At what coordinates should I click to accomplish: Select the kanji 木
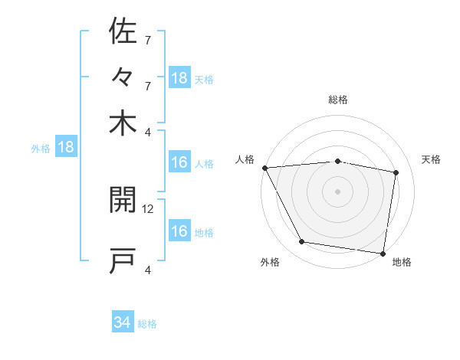pos(123,123)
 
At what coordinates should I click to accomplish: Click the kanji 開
pos(123,202)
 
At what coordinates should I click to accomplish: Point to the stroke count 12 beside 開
pos(149,208)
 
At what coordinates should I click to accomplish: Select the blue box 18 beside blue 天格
pos(179,78)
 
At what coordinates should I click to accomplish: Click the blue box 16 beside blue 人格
pos(179,162)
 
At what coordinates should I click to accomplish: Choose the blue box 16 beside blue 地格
pos(179,231)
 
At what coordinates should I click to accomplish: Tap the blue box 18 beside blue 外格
pos(66,147)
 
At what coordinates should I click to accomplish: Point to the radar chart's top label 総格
pos(338,100)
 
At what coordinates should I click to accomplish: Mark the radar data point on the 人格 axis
pos(264,168)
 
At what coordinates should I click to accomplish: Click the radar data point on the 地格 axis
pos(383,252)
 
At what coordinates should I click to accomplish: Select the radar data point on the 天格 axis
pos(396,172)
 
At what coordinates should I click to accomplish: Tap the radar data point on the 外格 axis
pos(302,242)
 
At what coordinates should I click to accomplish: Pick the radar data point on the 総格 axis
pos(338,161)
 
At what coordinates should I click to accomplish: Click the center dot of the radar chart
pos(338,191)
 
